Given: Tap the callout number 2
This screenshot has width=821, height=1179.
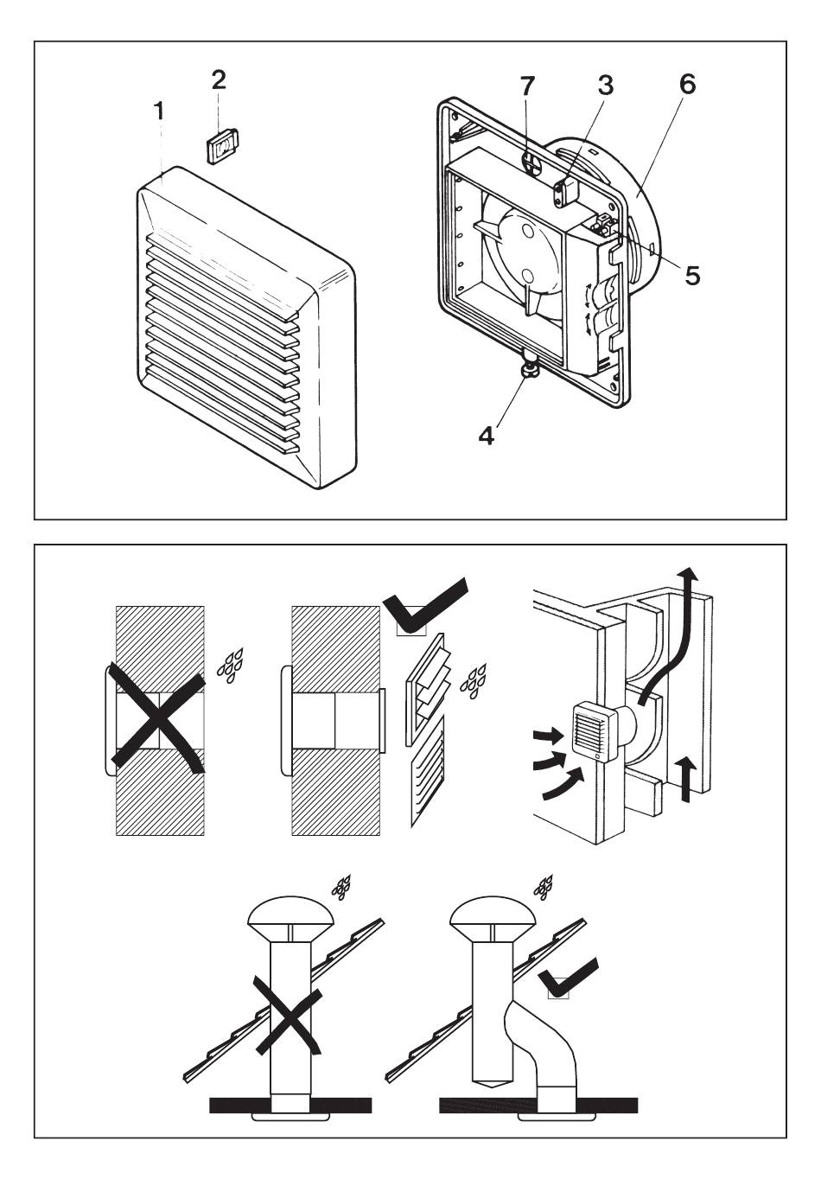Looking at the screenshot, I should pyautogui.click(x=219, y=80).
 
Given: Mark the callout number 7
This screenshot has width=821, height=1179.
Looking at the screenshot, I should pyautogui.click(x=527, y=86).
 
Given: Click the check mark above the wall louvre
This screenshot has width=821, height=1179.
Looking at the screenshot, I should pyautogui.click(x=425, y=606).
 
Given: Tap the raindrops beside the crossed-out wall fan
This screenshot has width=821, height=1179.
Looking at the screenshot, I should pyautogui.click(x=230, y=665).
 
